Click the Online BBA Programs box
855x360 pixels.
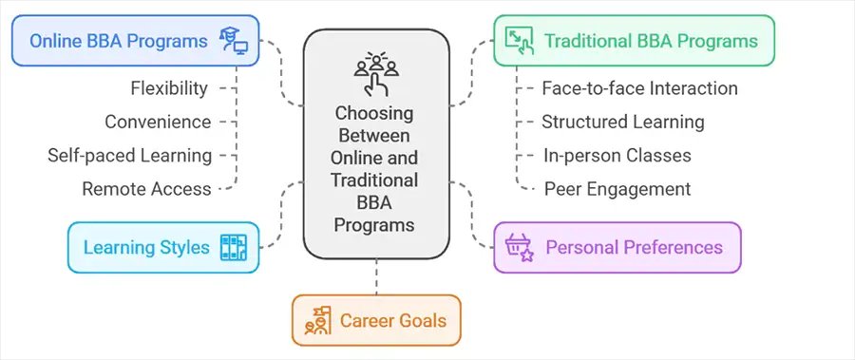(x=133, y=41)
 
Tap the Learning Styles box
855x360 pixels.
(x=162, y=248)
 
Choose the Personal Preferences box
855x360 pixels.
(x=617, y=248)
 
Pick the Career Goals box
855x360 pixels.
(x=375, y=320)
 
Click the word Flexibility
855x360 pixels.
(x=169, y=88)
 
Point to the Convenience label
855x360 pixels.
(x=158, y=122)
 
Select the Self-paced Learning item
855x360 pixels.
(x=130, y=155)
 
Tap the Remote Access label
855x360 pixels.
(x=146, y=188)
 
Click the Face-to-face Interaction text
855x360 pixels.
(x=639, y=88)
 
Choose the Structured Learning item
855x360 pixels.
(x=622, y=122)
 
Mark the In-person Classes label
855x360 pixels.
(x=616, y=155)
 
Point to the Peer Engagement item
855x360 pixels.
(x=617, y=188)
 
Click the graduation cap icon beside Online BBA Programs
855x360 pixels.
(x=234, y=41)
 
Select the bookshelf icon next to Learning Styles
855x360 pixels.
(x=233, y=248)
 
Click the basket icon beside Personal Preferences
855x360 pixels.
(x=520, y=248)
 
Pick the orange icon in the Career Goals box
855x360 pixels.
(x=317, y=321)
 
